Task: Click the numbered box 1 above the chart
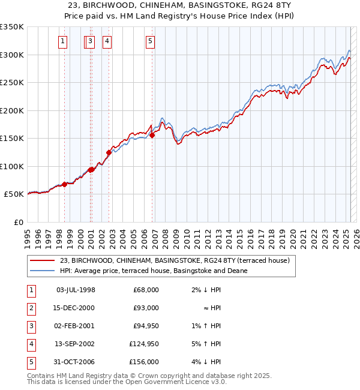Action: pos(63,41)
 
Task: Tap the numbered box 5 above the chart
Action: pos(149,41)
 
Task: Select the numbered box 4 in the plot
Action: pos(106,41)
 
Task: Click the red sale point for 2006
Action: pos(152,135)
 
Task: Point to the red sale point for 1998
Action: pos(64,184)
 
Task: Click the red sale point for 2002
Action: pos(109,152)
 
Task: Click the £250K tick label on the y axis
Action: pos(12,83)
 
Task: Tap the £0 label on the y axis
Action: pos(17,223)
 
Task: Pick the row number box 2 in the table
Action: pos(30,308)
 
